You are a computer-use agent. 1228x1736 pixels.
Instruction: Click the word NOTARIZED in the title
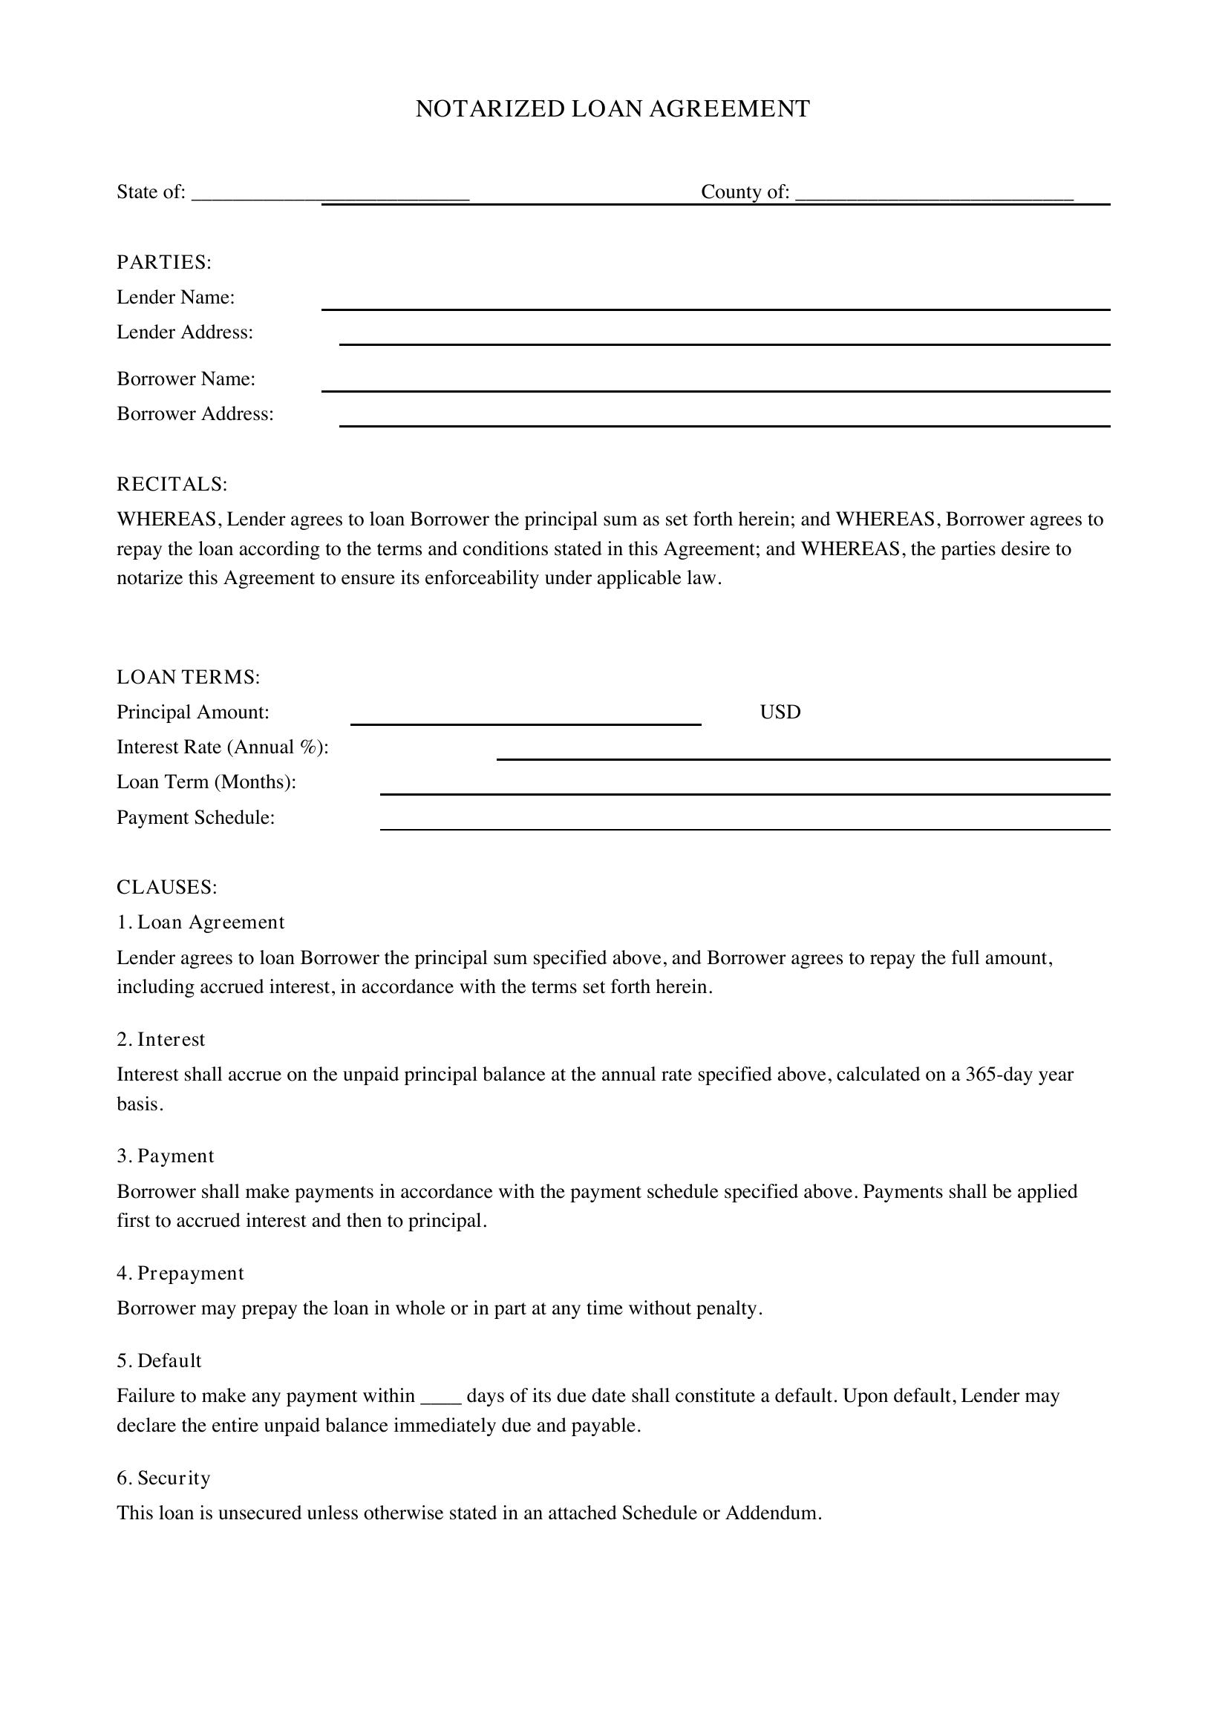point(490,109)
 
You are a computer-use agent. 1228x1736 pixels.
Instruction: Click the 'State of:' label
point(151,192)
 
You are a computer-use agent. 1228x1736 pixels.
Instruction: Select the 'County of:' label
point(745,192)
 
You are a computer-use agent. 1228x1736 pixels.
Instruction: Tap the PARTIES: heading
point(163,262)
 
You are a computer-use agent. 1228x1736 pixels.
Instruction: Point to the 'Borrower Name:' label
point(186,379)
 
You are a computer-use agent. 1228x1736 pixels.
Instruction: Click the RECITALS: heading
point(172,484)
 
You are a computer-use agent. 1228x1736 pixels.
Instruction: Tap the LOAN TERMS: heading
point(189,677)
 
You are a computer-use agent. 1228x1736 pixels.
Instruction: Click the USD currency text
point(780,713)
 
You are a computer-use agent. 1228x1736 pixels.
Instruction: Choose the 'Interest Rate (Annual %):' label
point(222,747)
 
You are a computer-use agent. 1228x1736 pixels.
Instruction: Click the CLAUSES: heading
point(166,887)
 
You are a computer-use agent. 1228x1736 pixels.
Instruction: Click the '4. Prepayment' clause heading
point(180,1274)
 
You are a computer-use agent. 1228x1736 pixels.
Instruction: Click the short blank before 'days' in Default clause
point(440,1397)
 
